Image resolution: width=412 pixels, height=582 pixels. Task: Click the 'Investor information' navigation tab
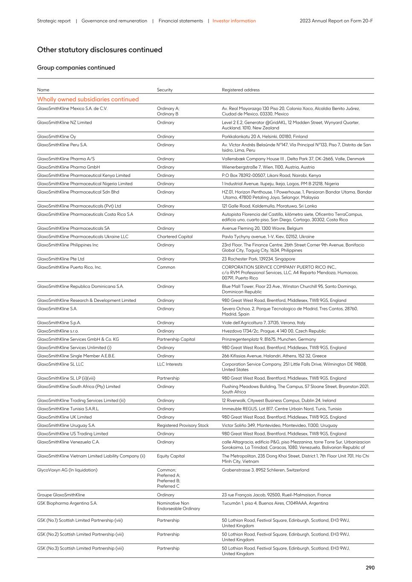click(x=234, y=21)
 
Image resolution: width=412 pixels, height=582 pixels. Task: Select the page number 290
click(x=370, y=568)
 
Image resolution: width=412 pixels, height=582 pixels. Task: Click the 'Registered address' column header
click(x=241, y=90)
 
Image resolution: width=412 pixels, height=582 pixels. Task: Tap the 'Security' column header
click(x=165, y=90)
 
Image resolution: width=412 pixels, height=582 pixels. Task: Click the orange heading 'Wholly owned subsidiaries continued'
click(x=88, y=99)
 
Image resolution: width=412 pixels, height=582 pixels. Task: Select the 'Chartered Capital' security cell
click(x=174, y=237)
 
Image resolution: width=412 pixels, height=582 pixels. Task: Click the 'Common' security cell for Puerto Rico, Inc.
click(x=166, y=267)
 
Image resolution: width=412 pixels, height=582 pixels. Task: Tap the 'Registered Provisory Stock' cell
click(x=183, y=426)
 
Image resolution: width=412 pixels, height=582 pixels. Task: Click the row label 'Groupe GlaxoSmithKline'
click(x=61, y=495)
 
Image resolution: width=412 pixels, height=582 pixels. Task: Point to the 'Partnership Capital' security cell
click(x=176, y=339)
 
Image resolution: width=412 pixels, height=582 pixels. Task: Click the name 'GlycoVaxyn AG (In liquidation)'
click(x=67, y=470)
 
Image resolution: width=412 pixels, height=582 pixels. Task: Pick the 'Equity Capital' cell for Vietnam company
click(x=171, y=456)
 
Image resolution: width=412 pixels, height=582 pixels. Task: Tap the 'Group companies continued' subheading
click(x=76, y=68)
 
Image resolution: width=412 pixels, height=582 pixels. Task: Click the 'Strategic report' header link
click(x=54, y=21)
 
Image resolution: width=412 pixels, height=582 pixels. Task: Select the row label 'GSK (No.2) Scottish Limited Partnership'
click(x=80, y=534)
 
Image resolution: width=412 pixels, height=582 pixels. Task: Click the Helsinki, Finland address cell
click(x=264, y=136)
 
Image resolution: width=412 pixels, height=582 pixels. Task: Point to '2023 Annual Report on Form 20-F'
click(x=336, y=21)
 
